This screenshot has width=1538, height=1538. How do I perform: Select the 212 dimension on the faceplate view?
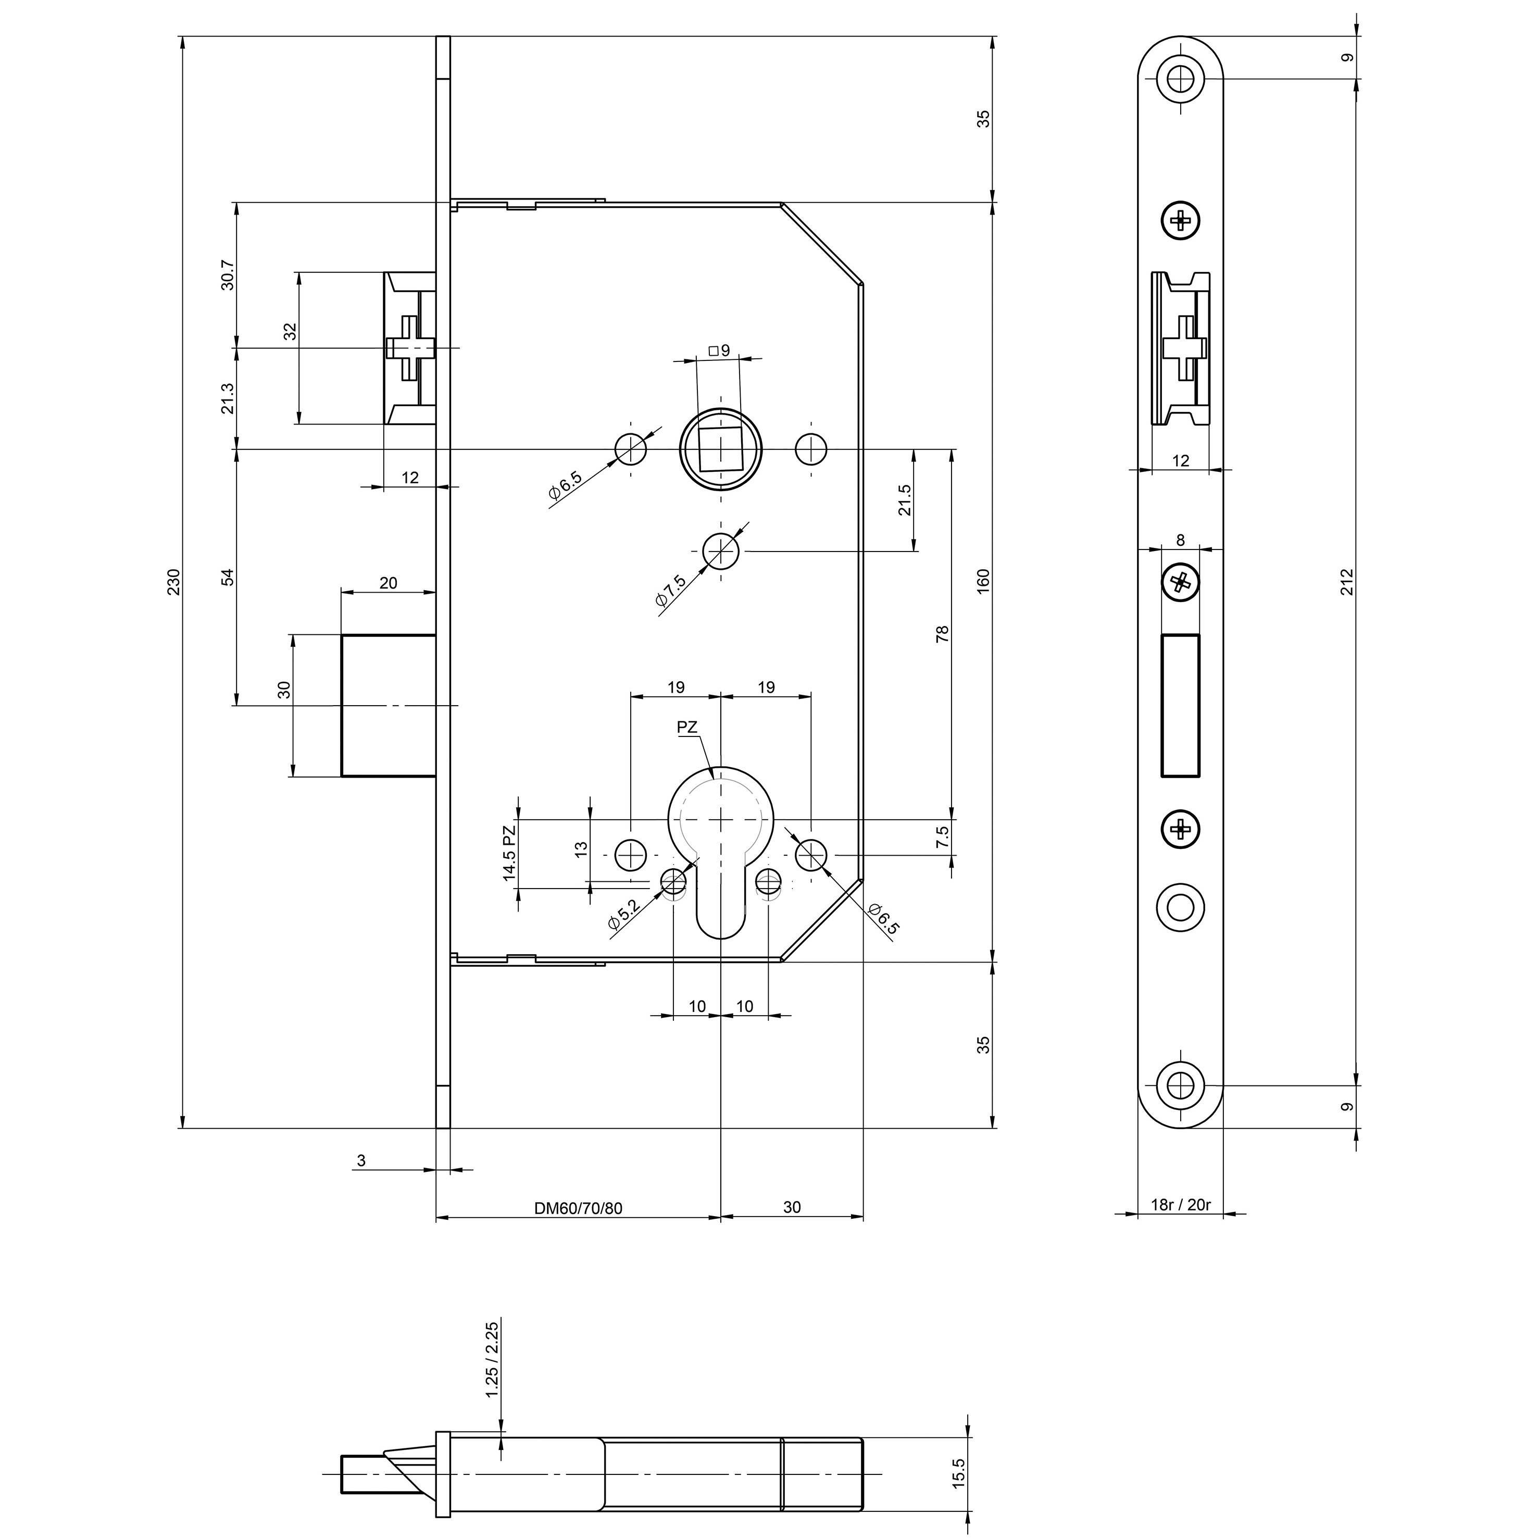tap(1347, 582)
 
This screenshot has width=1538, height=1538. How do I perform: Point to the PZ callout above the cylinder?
tap(687, 727)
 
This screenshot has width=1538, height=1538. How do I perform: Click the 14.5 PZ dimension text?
tap(509, 853)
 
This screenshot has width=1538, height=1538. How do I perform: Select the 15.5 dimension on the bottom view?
tap(958, 1473)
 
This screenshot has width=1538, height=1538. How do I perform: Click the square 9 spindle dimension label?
tap(719, 351)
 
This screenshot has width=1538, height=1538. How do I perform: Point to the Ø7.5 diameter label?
tap(670, 591)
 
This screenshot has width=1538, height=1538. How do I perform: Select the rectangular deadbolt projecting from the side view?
tap(389, 705)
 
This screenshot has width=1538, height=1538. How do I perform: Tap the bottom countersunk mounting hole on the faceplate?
tap(1181, 1086)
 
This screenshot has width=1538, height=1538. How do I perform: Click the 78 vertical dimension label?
tap(943, 634)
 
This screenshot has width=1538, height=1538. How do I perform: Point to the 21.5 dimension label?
tap(905, 500)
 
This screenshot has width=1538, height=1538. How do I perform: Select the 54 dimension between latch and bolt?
tap(228, 577)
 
